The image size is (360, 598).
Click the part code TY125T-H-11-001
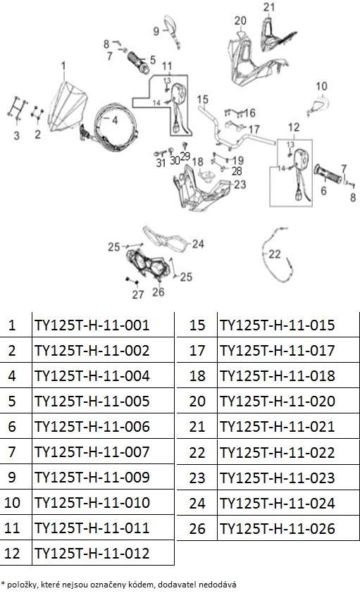[x=92, y=325]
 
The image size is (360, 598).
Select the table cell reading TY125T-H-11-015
[x=278, y=325]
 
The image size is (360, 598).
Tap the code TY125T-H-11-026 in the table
[x=278, y=528]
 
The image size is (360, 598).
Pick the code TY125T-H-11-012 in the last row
[x=92, y=554]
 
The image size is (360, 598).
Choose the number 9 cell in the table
[x=12, y=478]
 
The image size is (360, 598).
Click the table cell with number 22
[x=197, y=453]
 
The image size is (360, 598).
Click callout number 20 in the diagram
[x=240, y=20]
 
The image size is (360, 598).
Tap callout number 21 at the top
[x=269, y=7]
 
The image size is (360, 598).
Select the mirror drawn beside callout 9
[x=171, y=30]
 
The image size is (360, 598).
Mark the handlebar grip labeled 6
[x=328, y=174]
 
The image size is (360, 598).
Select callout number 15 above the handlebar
[x=202, y=99]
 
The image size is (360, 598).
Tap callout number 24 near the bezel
[x=197, y=244]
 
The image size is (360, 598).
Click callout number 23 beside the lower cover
[x=240, y=185]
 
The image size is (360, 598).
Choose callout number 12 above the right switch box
[x=294, y=127]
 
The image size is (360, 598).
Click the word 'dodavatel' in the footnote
[x=172, y=585]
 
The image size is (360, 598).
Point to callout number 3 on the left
[x=16, y=135]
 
